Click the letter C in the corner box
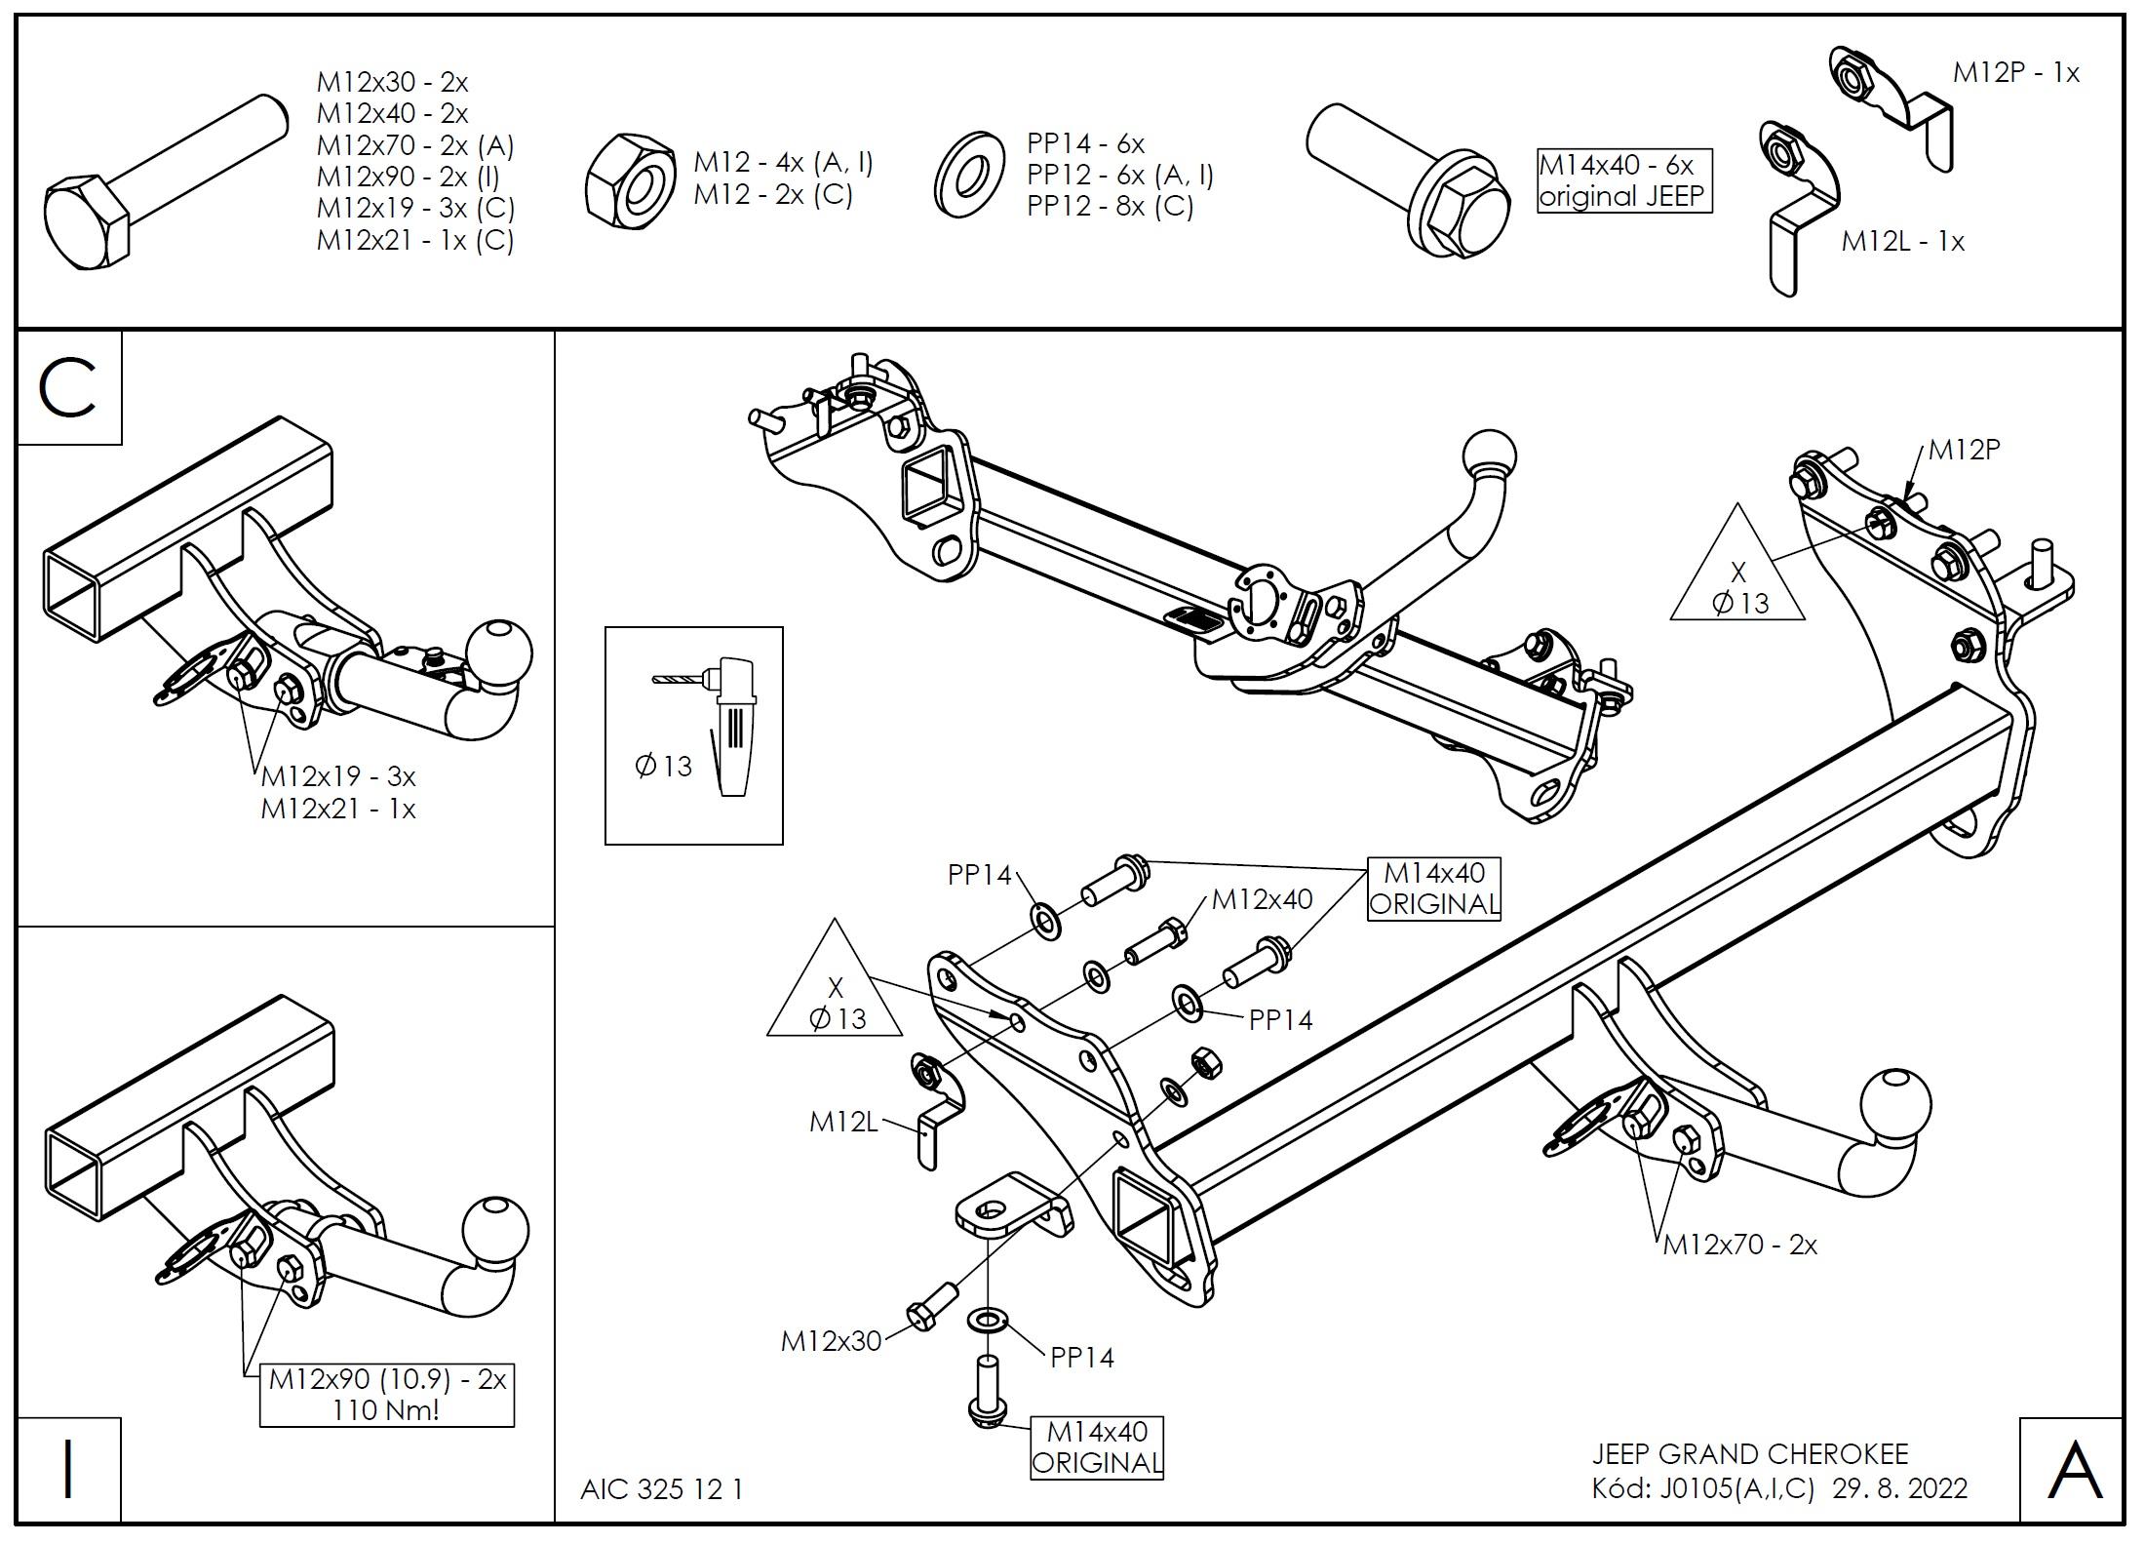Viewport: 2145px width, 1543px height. pyautogui.click(x=67, y=387)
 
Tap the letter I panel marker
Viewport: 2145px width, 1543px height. pyautogui.click(x=67, y=1470)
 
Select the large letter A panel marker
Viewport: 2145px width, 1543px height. pyautogui.click(x=2075, y=1470)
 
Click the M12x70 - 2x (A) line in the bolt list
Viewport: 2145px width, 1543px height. pyautogui.click(x=415, y=145)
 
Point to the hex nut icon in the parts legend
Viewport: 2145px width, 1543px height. pyautogui.click(x=631, y=183)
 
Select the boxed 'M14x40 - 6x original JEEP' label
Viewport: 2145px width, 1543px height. pyautogui.click(x=1623, y=180)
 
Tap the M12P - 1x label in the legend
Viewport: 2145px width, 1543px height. pyautogui.click(x=2015, y=73)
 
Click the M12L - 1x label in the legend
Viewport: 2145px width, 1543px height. pyautogui.click(x=1902, y=241)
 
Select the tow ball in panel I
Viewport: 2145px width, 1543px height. pyautogui.click(x=496, y=1231)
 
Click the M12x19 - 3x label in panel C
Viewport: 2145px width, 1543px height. pyautogui.click(x=338, y=776)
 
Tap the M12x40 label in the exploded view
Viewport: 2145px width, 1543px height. pyautogui.click(x=1262, y=899)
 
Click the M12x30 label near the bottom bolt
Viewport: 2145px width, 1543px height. pyautogui.click(x=831, y=1342)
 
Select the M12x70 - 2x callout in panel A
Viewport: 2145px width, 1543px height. pyautogui.click(x=1740, y=1245)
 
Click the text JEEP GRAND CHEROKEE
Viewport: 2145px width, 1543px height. pyautogui.click(x=1750, y=1454)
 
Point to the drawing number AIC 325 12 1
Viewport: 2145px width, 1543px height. pyautogui.click(x=662, y=1489)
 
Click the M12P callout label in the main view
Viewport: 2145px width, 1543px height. pyautogui.click(x=1965, y=451)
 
